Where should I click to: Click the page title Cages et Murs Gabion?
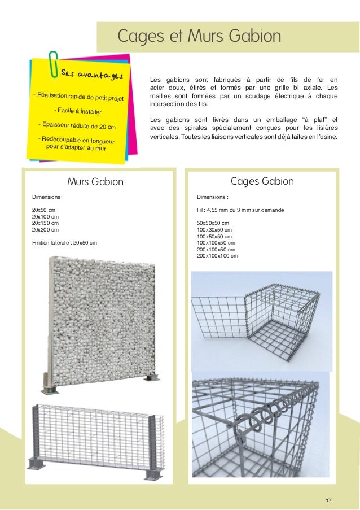(x=199, y=37)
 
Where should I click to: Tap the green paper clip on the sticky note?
(x=55, y=65)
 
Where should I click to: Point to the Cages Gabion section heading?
(x=262, y=181)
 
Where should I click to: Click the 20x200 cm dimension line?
(x=45, y=230)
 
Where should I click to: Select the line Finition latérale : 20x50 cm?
(x=64, y=243)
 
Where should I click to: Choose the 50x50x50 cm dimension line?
(x=213, y=223)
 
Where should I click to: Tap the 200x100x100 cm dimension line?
(x=217, y=256)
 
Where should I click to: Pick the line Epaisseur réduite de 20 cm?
(x=76, y=125)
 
